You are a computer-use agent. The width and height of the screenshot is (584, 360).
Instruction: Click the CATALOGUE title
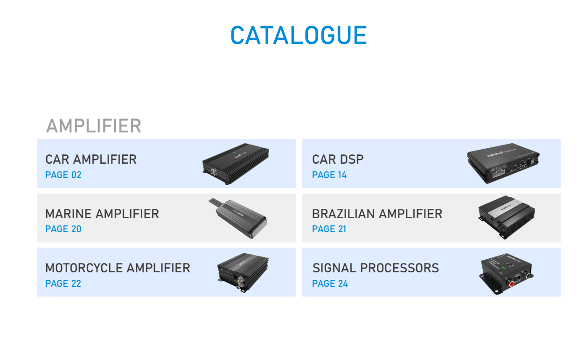[299, 35]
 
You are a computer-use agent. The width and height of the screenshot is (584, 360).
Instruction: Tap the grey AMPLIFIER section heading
[93, 126]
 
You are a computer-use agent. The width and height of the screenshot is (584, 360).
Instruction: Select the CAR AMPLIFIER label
[91, 159]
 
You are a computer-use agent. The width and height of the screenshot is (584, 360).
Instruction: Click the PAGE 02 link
[63, 175]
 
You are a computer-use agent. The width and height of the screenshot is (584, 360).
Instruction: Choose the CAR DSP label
[338, 159]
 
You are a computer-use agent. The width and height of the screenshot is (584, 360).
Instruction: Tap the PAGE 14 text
[329, 175]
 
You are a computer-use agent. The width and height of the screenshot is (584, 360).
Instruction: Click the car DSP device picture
[504, 163]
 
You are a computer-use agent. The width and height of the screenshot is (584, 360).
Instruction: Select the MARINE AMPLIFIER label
[102, 214]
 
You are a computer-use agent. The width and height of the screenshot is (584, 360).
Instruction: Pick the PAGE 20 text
[63, 229]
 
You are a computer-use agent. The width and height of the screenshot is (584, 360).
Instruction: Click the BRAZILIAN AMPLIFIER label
[377, 214]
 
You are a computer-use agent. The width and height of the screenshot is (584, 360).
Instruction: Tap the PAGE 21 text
[329, 229]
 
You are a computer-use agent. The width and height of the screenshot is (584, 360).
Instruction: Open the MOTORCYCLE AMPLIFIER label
[118, 268]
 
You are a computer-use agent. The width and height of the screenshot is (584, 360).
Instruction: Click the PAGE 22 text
[63, 284]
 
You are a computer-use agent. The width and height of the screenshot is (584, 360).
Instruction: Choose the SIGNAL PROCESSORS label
[375, 268]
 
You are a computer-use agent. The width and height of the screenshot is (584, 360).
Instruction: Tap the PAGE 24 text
[330, 284]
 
